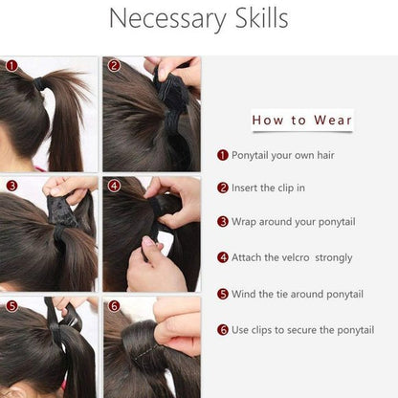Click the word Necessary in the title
167,18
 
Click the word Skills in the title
262,17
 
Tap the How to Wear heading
302,121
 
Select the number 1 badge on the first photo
12,66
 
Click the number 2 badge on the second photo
114,66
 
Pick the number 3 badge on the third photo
11,186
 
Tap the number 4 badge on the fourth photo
114,186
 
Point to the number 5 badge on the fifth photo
11,306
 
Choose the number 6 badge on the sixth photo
114,306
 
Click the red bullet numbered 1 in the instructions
223,155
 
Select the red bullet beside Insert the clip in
223,188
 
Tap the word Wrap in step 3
244,222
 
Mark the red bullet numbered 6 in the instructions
223,330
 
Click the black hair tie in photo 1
39,83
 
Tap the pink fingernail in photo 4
148,241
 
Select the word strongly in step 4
334,257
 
